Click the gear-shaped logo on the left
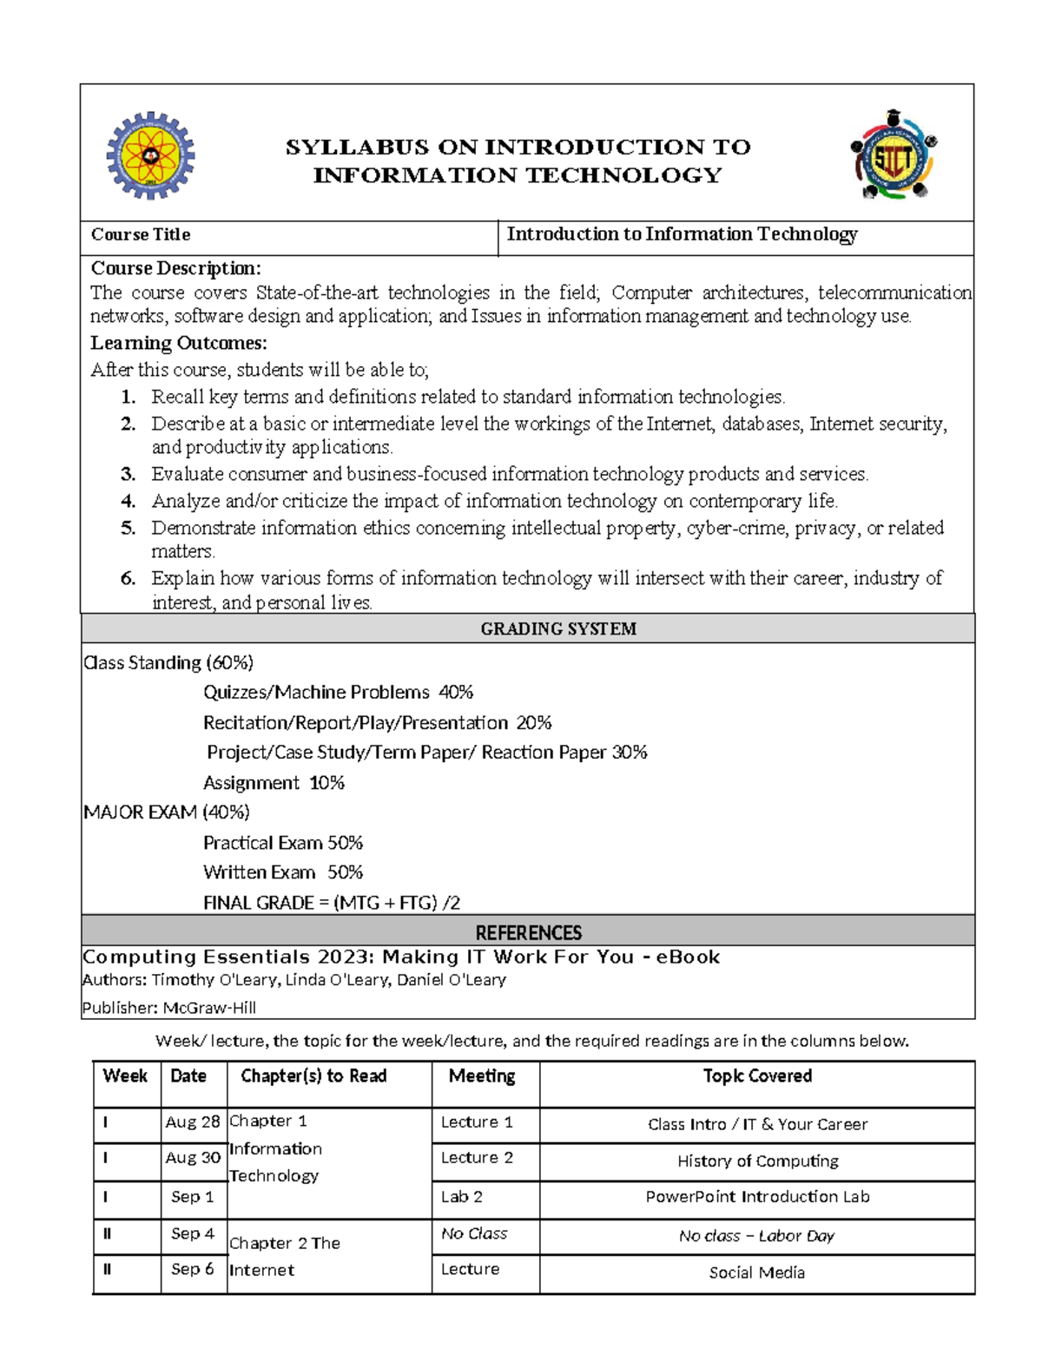coord(150,156)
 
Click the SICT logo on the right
coord(894,156)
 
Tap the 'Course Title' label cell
coord(141,235)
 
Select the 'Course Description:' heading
coord(175,268)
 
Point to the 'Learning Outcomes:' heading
coord(179,344)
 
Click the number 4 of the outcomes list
coord(129,502)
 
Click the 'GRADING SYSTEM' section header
coord(558,629)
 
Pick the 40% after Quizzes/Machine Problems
coord(456,693)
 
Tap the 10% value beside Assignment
coord(326,783)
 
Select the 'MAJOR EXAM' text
coord(140,812)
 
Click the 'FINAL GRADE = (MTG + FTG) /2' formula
coord(332,903)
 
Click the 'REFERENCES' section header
coord(528,933)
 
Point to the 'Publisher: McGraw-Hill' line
coord(168,1008)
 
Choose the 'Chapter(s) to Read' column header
coord(313,1076)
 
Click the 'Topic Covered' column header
coord(757,1076)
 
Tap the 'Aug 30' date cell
coord(193,1158)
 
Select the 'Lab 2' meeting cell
coord(461,1197)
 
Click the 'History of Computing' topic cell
coord(757,1161)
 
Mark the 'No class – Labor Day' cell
coord(756,1236)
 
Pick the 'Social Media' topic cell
coord(756,1272)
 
